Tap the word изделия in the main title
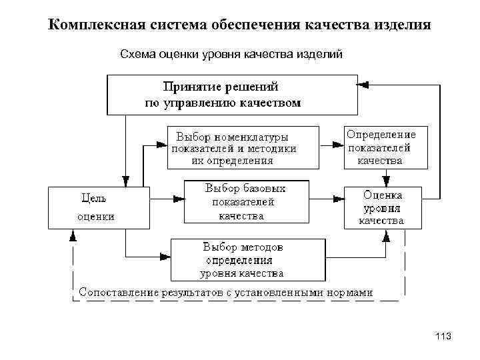(x=402, y=26)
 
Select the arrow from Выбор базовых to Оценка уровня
(x=327, y=197)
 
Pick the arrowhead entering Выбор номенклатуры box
(x=162, y=143)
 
